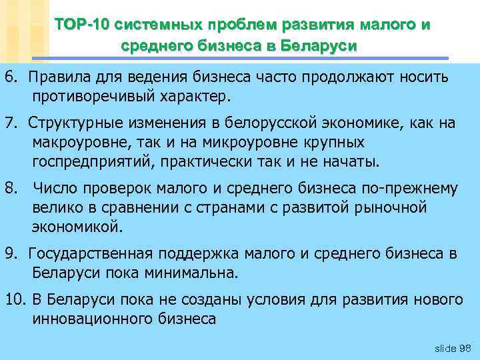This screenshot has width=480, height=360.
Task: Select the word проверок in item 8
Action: (x=110, y=189)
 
